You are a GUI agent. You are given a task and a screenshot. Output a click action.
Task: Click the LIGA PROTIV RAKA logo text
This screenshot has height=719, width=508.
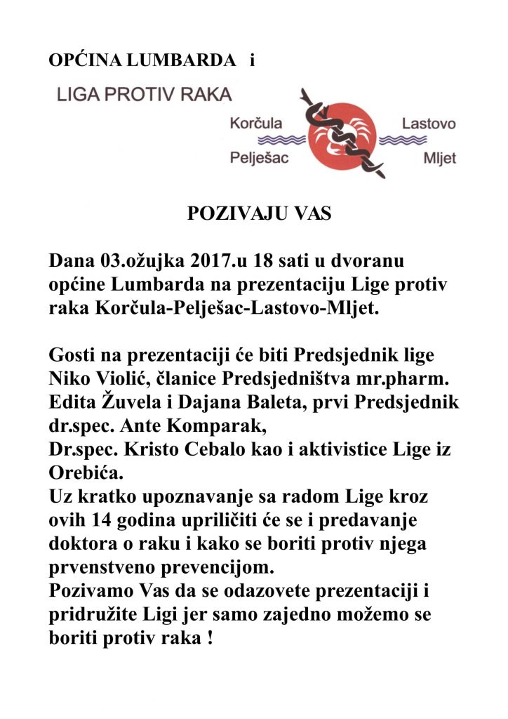pyautogui.click(x=144, y=95)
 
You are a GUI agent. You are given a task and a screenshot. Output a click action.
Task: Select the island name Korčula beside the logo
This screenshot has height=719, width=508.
pyautogui.click(x=256, y=124)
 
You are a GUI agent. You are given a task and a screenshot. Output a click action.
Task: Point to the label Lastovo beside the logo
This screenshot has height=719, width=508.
pyautogui.click(x=428, y=124)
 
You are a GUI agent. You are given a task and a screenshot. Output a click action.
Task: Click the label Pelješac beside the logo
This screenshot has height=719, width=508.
pyautogui.click(x=260, y=157)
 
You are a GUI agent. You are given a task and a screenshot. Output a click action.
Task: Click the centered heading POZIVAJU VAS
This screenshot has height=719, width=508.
pyautogui.click(x=259, y=215)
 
